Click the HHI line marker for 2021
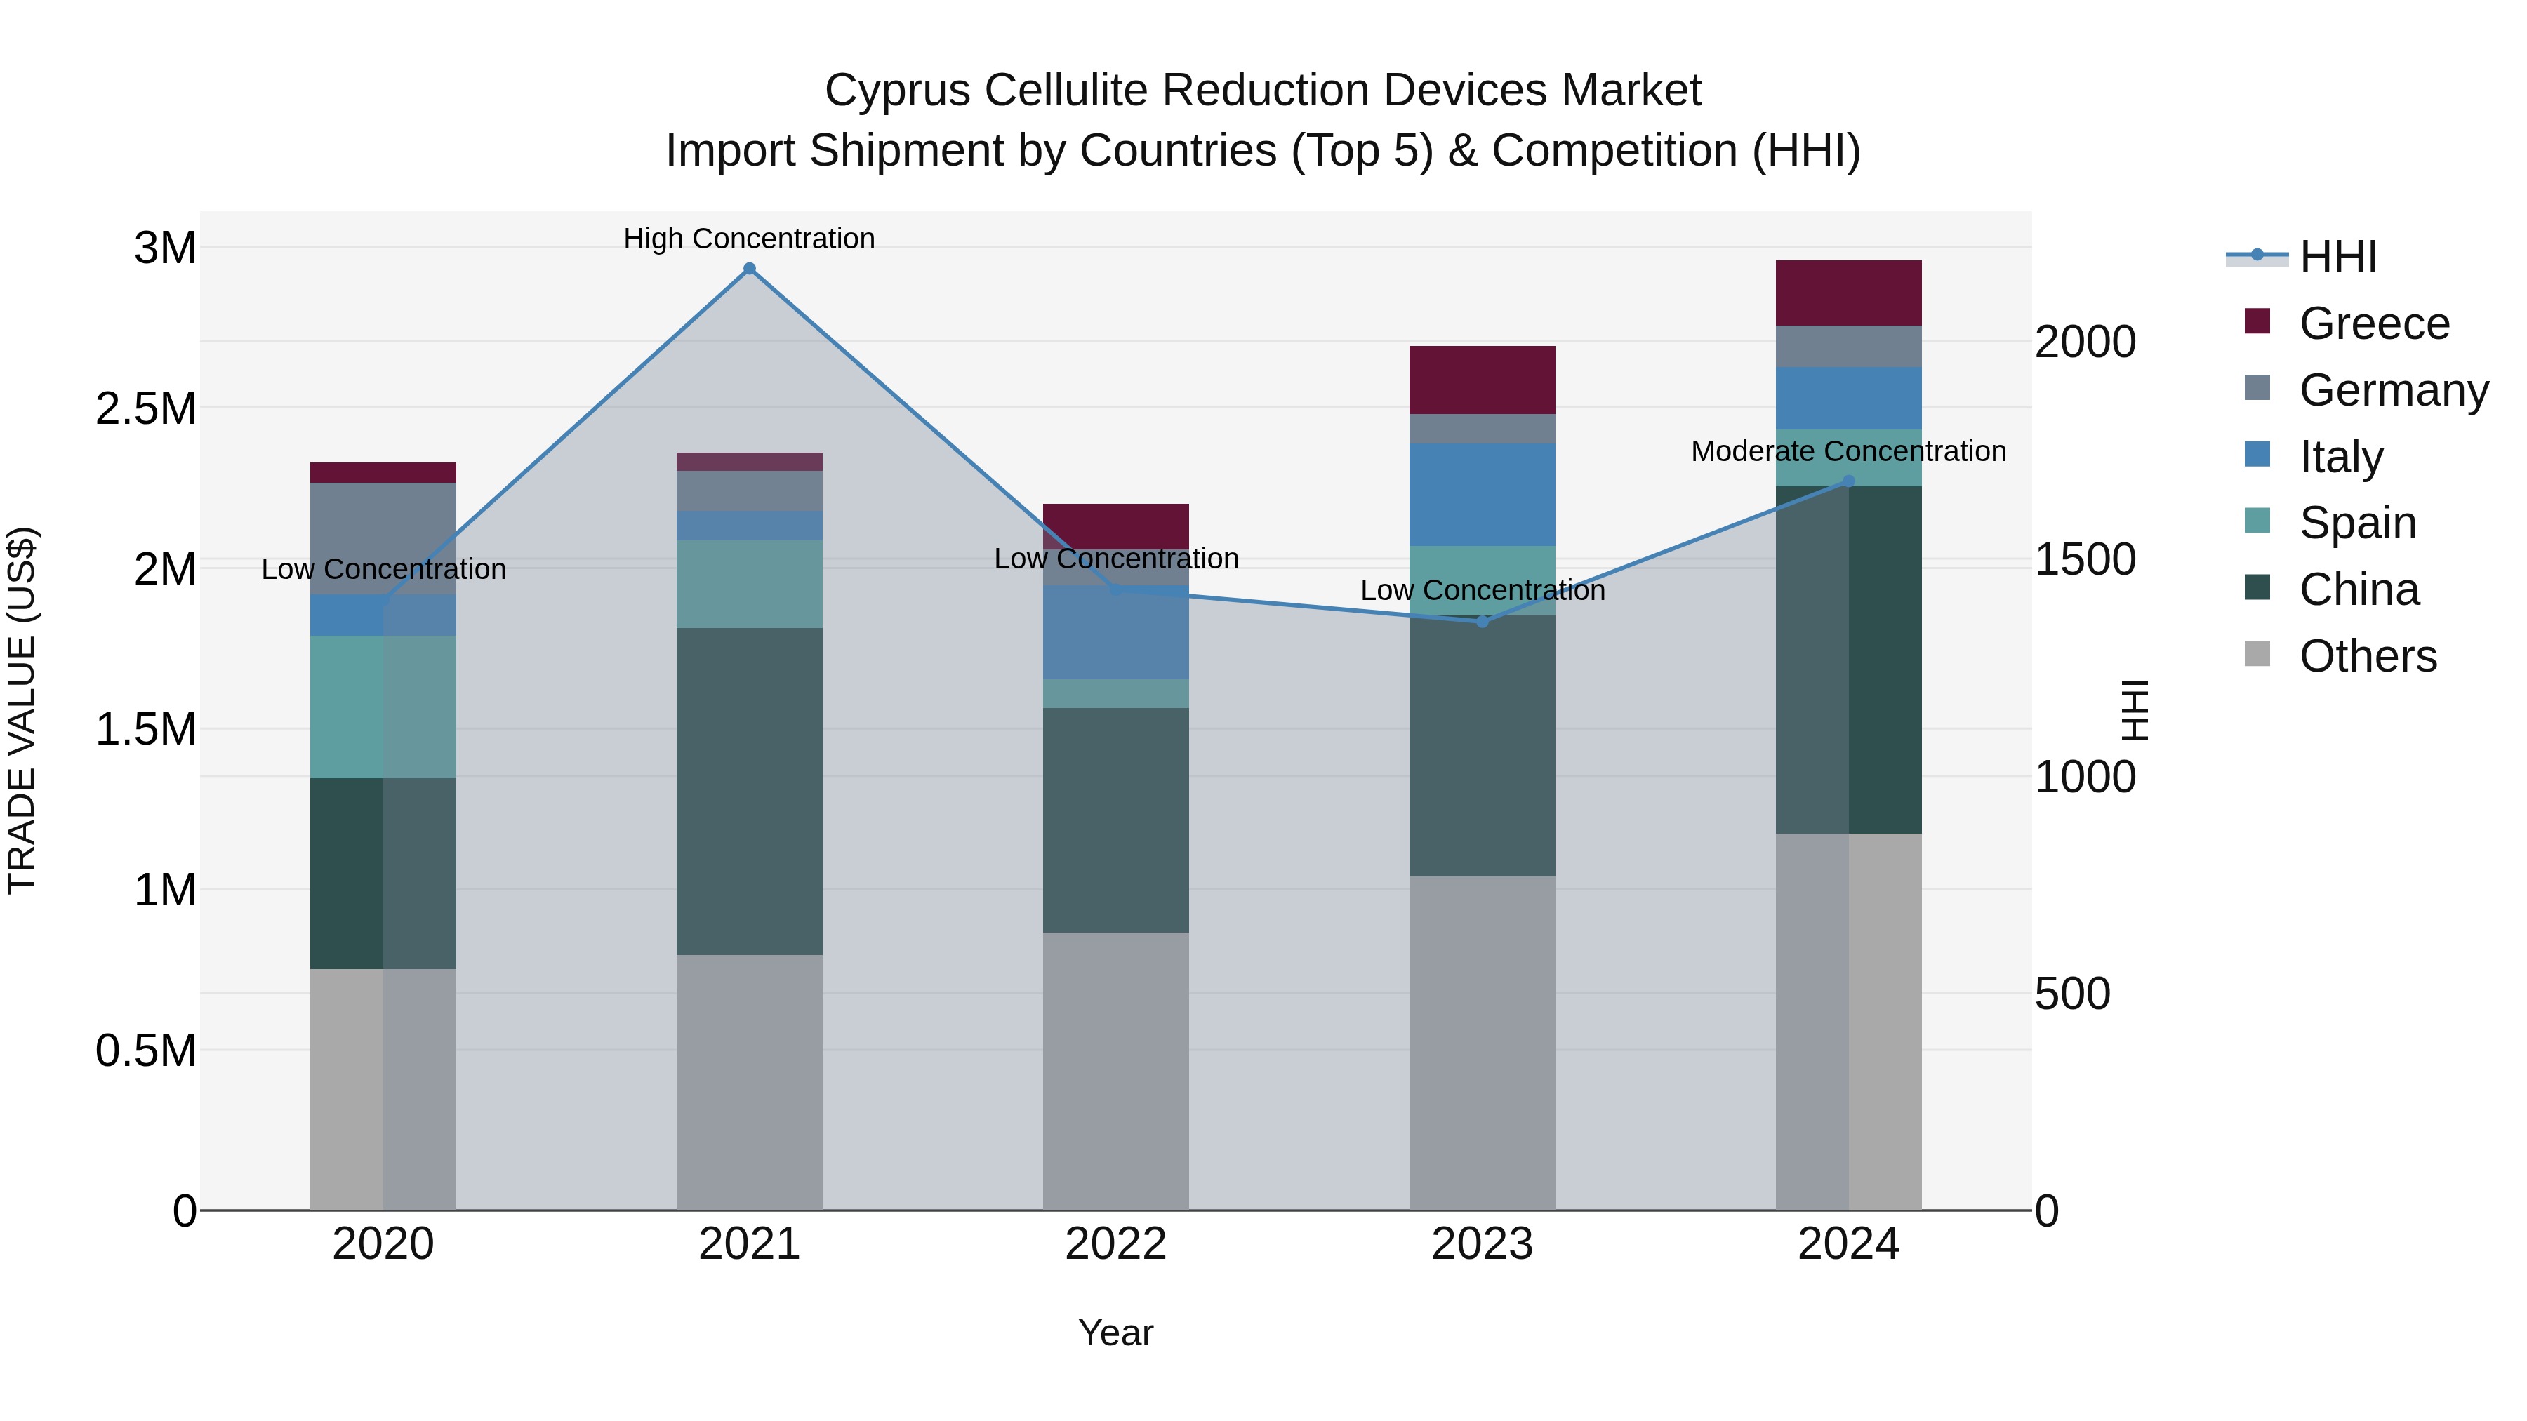point(750,269)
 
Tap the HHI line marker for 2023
point(1483,622)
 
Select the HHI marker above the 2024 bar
point(1848,481)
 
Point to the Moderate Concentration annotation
point(1848,451)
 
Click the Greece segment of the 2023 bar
point(1483,380)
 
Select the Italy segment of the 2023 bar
point(1483,494)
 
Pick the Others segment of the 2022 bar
point(1115,1071)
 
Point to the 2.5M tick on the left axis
point(145,408)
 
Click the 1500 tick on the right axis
point(2085,559)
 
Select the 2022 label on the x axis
point(1115,1243)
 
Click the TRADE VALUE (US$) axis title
point(22,710)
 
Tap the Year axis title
point(1115,1333)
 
